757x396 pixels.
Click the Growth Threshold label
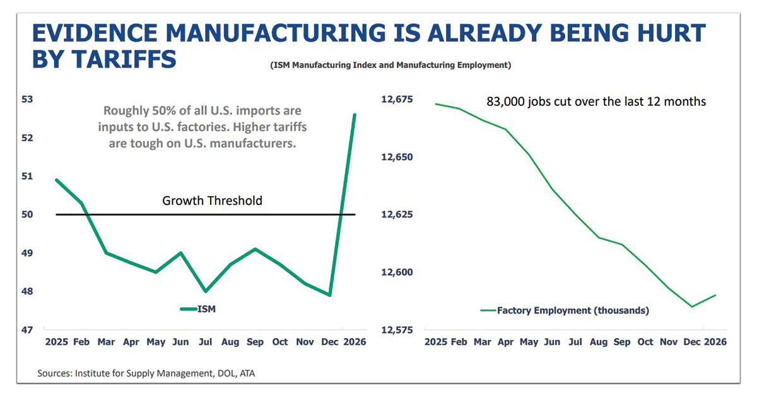(212, 201)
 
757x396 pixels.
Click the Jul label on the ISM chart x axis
(206, 342)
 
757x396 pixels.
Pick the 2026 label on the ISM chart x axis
(353, 342)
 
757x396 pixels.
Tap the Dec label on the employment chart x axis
(692, 342)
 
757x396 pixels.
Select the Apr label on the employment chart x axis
(505, 342)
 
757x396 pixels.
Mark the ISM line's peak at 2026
(355, 115)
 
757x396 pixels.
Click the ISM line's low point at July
(206, 291)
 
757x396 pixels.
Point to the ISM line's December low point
(330, 295)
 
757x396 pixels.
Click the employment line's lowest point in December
(692, 307)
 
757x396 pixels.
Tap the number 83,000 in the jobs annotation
(507, 102)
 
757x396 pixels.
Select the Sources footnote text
(146, 373)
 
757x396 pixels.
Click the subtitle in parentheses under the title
(389, 65)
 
